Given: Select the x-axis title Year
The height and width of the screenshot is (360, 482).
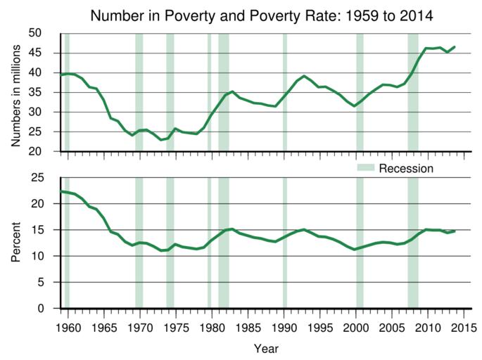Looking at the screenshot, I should click(266, 348).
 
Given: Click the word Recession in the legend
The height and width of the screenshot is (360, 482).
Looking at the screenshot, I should click(406, 169).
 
